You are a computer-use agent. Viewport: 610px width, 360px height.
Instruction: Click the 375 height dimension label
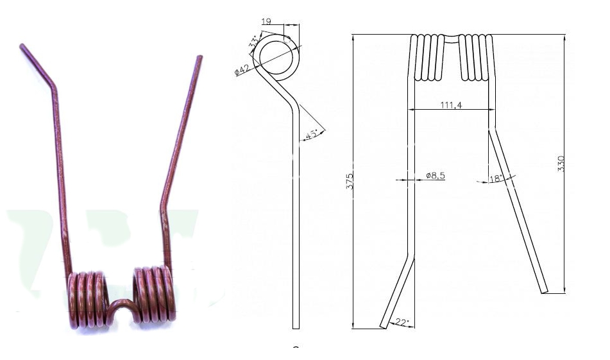tap(350, 182)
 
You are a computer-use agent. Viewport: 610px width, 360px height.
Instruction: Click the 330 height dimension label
tap(561, 164)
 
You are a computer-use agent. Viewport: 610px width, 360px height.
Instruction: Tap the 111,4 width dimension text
tap(452, 105)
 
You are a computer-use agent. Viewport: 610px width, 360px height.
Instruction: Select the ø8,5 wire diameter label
tap(436, 176)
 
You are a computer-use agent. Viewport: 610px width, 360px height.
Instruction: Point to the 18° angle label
tap(496, 178)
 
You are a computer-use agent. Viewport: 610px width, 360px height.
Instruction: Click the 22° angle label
tap(402, 322)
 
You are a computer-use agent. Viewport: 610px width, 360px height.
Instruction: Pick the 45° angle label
tap(312, 135)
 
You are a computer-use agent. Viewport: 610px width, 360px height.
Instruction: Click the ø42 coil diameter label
tap(242, 70)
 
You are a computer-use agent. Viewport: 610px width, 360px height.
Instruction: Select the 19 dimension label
tap(266, 21)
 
